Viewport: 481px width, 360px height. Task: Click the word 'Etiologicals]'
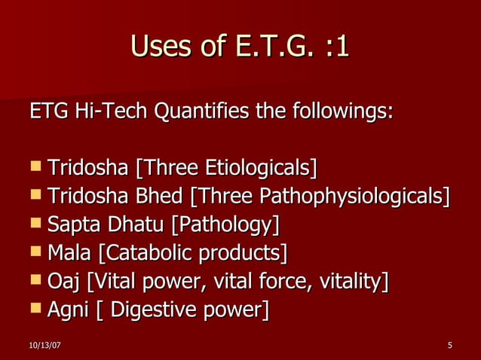264,167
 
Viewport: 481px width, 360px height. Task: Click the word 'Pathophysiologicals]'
355,196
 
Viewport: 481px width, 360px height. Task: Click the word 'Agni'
67,310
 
